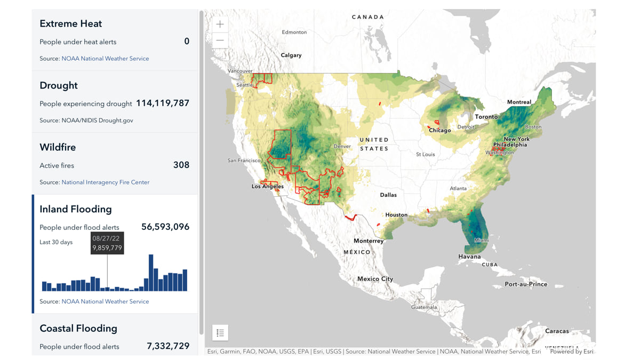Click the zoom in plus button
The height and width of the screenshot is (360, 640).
pyautogui.click(x=220, y=25)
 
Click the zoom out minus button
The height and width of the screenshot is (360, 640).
pyautogui.click(x=220, y=41)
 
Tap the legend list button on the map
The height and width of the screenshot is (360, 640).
pyautogui.click(x=220, y=333)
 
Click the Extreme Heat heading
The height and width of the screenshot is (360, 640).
pyautogui.click(x=70, y=23)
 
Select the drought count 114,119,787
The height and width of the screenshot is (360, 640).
pyautogui.click(x=163, y=103)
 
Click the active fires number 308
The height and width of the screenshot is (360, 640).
pyautogui.click(x=181, y=165)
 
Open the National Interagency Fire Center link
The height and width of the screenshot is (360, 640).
pyautogui.click(x=105, y=182)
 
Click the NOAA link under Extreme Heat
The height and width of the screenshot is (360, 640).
pyautogui.click(x=105, y=59)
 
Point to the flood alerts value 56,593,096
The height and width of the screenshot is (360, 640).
pyautogui.click(x=165, y=227)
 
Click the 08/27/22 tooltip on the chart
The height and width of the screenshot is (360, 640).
pyautogui.click(x=107, y=243)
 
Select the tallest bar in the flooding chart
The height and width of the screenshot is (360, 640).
pyautogui.click(x=151, y=273)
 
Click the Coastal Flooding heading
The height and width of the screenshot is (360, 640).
pyautogui.click(x=78, y=329)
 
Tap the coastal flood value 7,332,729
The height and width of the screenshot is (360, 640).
pyautogui.click(x=168, y=346)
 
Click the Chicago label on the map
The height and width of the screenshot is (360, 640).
pyautogui.click(x=440, y=130)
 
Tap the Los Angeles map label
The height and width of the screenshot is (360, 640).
pyautogui.click(x=268, y=187)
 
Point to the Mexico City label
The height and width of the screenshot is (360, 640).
pyautogui.click(x=375, y=279)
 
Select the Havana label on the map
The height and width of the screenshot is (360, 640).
pyautogui.click(x=469, y=257)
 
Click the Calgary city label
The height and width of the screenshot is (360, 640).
pyautogui.click(x=291, y=55)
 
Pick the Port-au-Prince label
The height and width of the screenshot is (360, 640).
pyautogui.click(x=526, y=284)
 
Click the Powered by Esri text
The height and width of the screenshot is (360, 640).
pyautogui.click(x=571, y=351)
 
